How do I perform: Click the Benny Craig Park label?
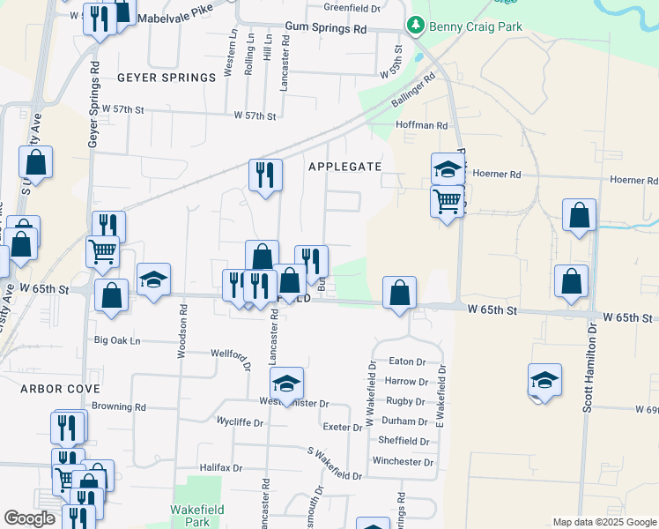pyautogui.click(x=476, y=26)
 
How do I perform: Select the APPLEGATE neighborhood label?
pyautogui.click(x=345, y=166)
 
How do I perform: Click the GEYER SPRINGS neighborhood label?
pyautogui.click(x=167, y=78)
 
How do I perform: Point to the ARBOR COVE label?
pyautogui.click(x=60, y=388)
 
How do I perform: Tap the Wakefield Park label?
pyautogui.click(x=197, y=516)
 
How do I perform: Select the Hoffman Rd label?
pyautogui.click(x=423, y=126)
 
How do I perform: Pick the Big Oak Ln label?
pyautogui.click(x=118, y=339)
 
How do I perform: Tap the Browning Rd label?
pyautogui.click(x=119, y=407)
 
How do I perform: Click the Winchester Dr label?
pyautogui.click(x=403, y=461)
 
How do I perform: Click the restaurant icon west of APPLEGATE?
pyautogui.click(x=264, y=175)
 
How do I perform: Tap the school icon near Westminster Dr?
pyautogui.click(x=286, y=384)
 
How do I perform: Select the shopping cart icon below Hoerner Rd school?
pyautogui.click(x=448, y=201)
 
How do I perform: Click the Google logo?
pyautogui.click(x=29, y=518)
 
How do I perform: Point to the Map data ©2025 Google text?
pyautogui.click(x=603, y=521)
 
